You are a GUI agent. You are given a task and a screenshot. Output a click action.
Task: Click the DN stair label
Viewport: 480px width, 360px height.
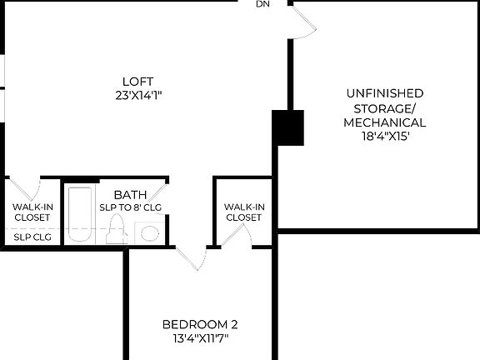(263, 5)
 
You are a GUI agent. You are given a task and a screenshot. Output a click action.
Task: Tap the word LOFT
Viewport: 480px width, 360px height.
(138, 81)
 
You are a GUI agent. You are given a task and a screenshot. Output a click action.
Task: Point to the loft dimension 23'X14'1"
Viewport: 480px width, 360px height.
(138, 95)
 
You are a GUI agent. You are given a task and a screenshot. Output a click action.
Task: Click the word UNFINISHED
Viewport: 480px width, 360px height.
(384, 93)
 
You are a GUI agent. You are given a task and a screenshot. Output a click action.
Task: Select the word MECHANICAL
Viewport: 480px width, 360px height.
(384, 122)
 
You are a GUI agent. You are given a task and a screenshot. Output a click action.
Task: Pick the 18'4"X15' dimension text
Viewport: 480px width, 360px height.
(384, 137)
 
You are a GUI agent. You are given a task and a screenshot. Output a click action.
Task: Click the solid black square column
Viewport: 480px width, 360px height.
(288, 127)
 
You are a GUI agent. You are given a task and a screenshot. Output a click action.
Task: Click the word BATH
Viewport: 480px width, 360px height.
(130, 195)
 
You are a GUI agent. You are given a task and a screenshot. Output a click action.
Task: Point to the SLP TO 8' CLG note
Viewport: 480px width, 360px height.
(130, 207)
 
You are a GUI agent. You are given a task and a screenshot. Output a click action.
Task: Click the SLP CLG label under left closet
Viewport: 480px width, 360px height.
(31, 237)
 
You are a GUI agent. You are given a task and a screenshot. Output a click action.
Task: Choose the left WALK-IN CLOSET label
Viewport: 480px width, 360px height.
(31, 212)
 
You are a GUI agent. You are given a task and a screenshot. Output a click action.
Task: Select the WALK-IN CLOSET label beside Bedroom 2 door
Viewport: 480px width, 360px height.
(243, 212)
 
